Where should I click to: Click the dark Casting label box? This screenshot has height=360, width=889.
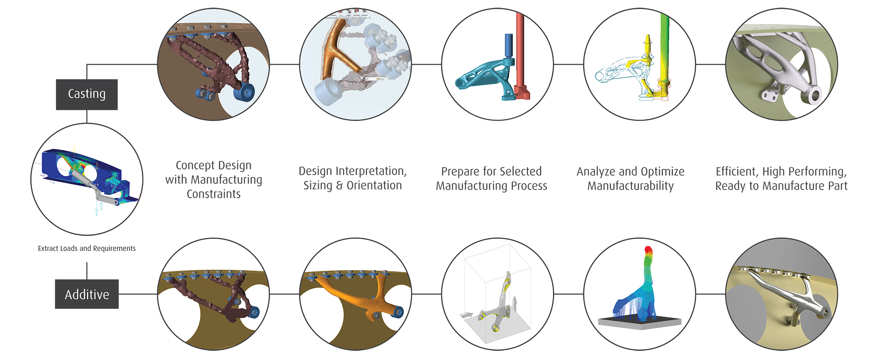coord(87,94)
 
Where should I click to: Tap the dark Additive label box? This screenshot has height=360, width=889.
coord(87,294)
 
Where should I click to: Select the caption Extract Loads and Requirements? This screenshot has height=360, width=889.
coord(87,248)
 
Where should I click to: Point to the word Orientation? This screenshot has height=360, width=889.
coord(374,185)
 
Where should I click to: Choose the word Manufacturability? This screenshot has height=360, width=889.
coord(630,186)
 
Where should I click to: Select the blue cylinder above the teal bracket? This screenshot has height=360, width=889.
coord(508,45)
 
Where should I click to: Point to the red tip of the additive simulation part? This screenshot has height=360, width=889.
coord(648,250)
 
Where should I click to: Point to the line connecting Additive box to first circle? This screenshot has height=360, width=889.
coord(138,294)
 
